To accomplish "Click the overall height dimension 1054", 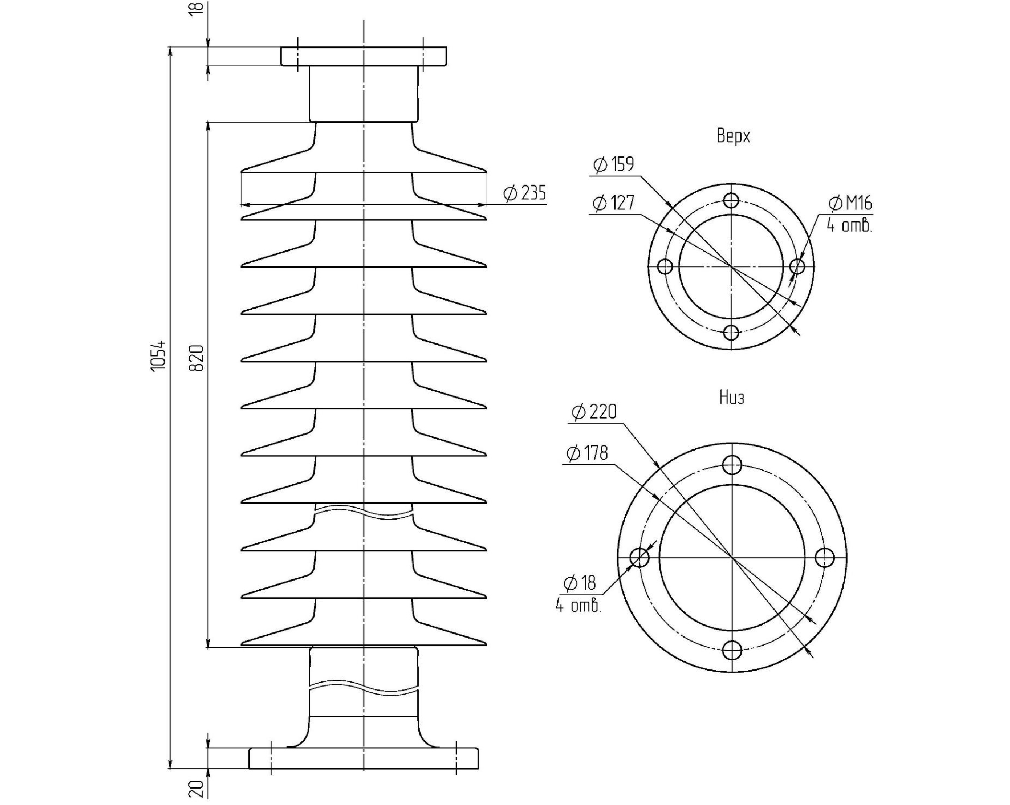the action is pyautogui.click(x=159, y=355).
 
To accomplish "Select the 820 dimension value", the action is pyautogui.click(x=197, y=358).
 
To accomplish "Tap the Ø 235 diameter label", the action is pyautogui.click(x=525, y=193).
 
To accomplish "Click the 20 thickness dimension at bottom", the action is pyautogui.click(x=196, y=789).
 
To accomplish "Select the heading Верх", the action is pyautogui.click(x=733, y=136).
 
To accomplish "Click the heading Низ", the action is pyautogui.click(x=732, y=397).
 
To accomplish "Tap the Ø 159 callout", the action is pyautogui.click(x=614, y=164).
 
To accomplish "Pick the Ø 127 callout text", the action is pyautogui.click(x=613, y=203).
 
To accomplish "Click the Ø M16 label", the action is pyautogui.click(x=850, y=203).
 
